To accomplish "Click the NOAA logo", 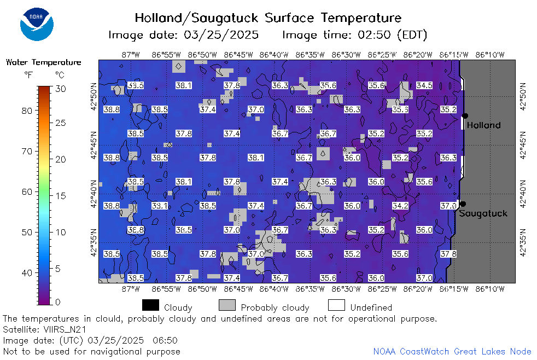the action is coord(37,24).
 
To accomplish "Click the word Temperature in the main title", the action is coord(361,18).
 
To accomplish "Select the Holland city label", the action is coord(483,125).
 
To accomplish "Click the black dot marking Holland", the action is coord(465,116).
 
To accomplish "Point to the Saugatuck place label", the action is coord(483,213).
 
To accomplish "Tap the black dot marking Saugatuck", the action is coord(463,204).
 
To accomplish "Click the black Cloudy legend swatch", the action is coord(150,305).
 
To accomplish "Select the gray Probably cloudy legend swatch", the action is coord(227,305).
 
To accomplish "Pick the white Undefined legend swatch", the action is coord(336,305).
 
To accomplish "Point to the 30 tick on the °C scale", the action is coord(61,89).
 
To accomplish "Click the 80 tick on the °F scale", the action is coord(27,111).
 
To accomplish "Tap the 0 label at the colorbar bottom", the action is coord(57,302).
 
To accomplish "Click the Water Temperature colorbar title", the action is coord(44,62).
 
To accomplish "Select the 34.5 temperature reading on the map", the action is coord(424,85).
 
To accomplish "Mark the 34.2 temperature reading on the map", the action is coord(400,206).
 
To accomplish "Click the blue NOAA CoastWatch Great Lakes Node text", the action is coord(452,351).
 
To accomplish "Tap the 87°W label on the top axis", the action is coord(131,55).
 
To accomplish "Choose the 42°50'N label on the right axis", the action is coord(523,96).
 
